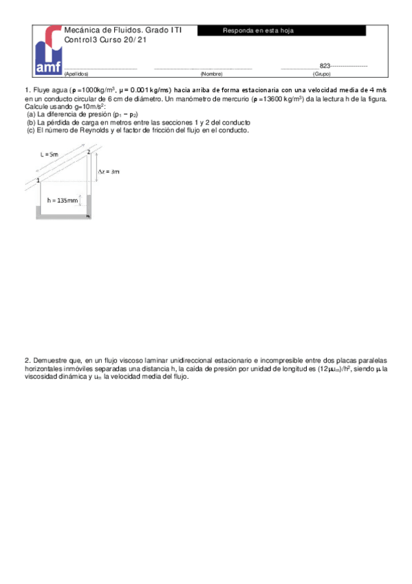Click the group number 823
pyautogui.click(x=325, y=65)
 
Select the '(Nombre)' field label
pyautogui.click(x=211, y=73)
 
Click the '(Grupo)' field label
pyautogui.click(x=321, y=73)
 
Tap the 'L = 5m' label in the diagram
pyautogui.click(x=49, y=155)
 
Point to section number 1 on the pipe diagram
pyautogui.click(x=39, y=180)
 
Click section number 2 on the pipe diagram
pyautogui.click(x=89, y=151)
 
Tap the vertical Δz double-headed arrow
pyautogui.click(x=96, y=171)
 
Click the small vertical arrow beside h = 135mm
pyautogui.click(x=80, y=200)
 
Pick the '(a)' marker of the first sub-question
pyautogui.click(x=31, y=114)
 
